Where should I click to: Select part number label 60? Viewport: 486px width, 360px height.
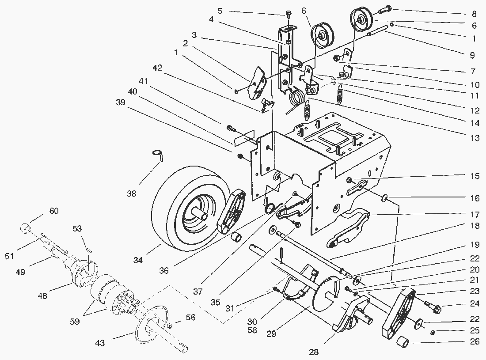[53, 211]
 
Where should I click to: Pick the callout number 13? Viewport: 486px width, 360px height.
[475, 138]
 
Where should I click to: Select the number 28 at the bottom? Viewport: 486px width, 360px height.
[314, 352]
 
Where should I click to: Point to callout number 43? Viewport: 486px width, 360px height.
[100, 343]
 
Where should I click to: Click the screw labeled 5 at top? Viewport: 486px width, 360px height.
[289, 13]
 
